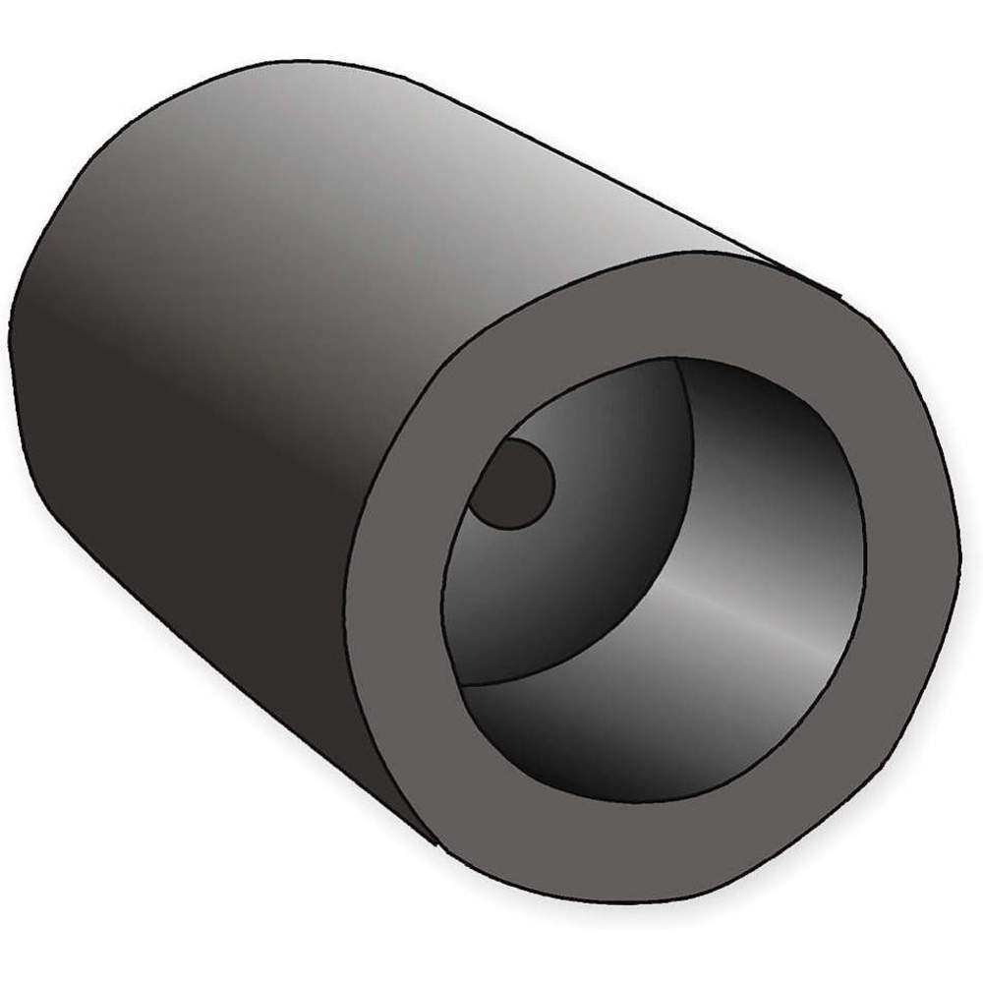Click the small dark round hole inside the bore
[511, 484]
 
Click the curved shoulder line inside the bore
[688, 491]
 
